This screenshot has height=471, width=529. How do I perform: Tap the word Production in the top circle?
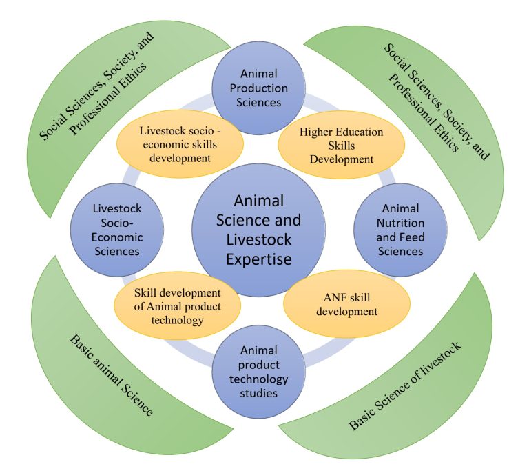[258, 88]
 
